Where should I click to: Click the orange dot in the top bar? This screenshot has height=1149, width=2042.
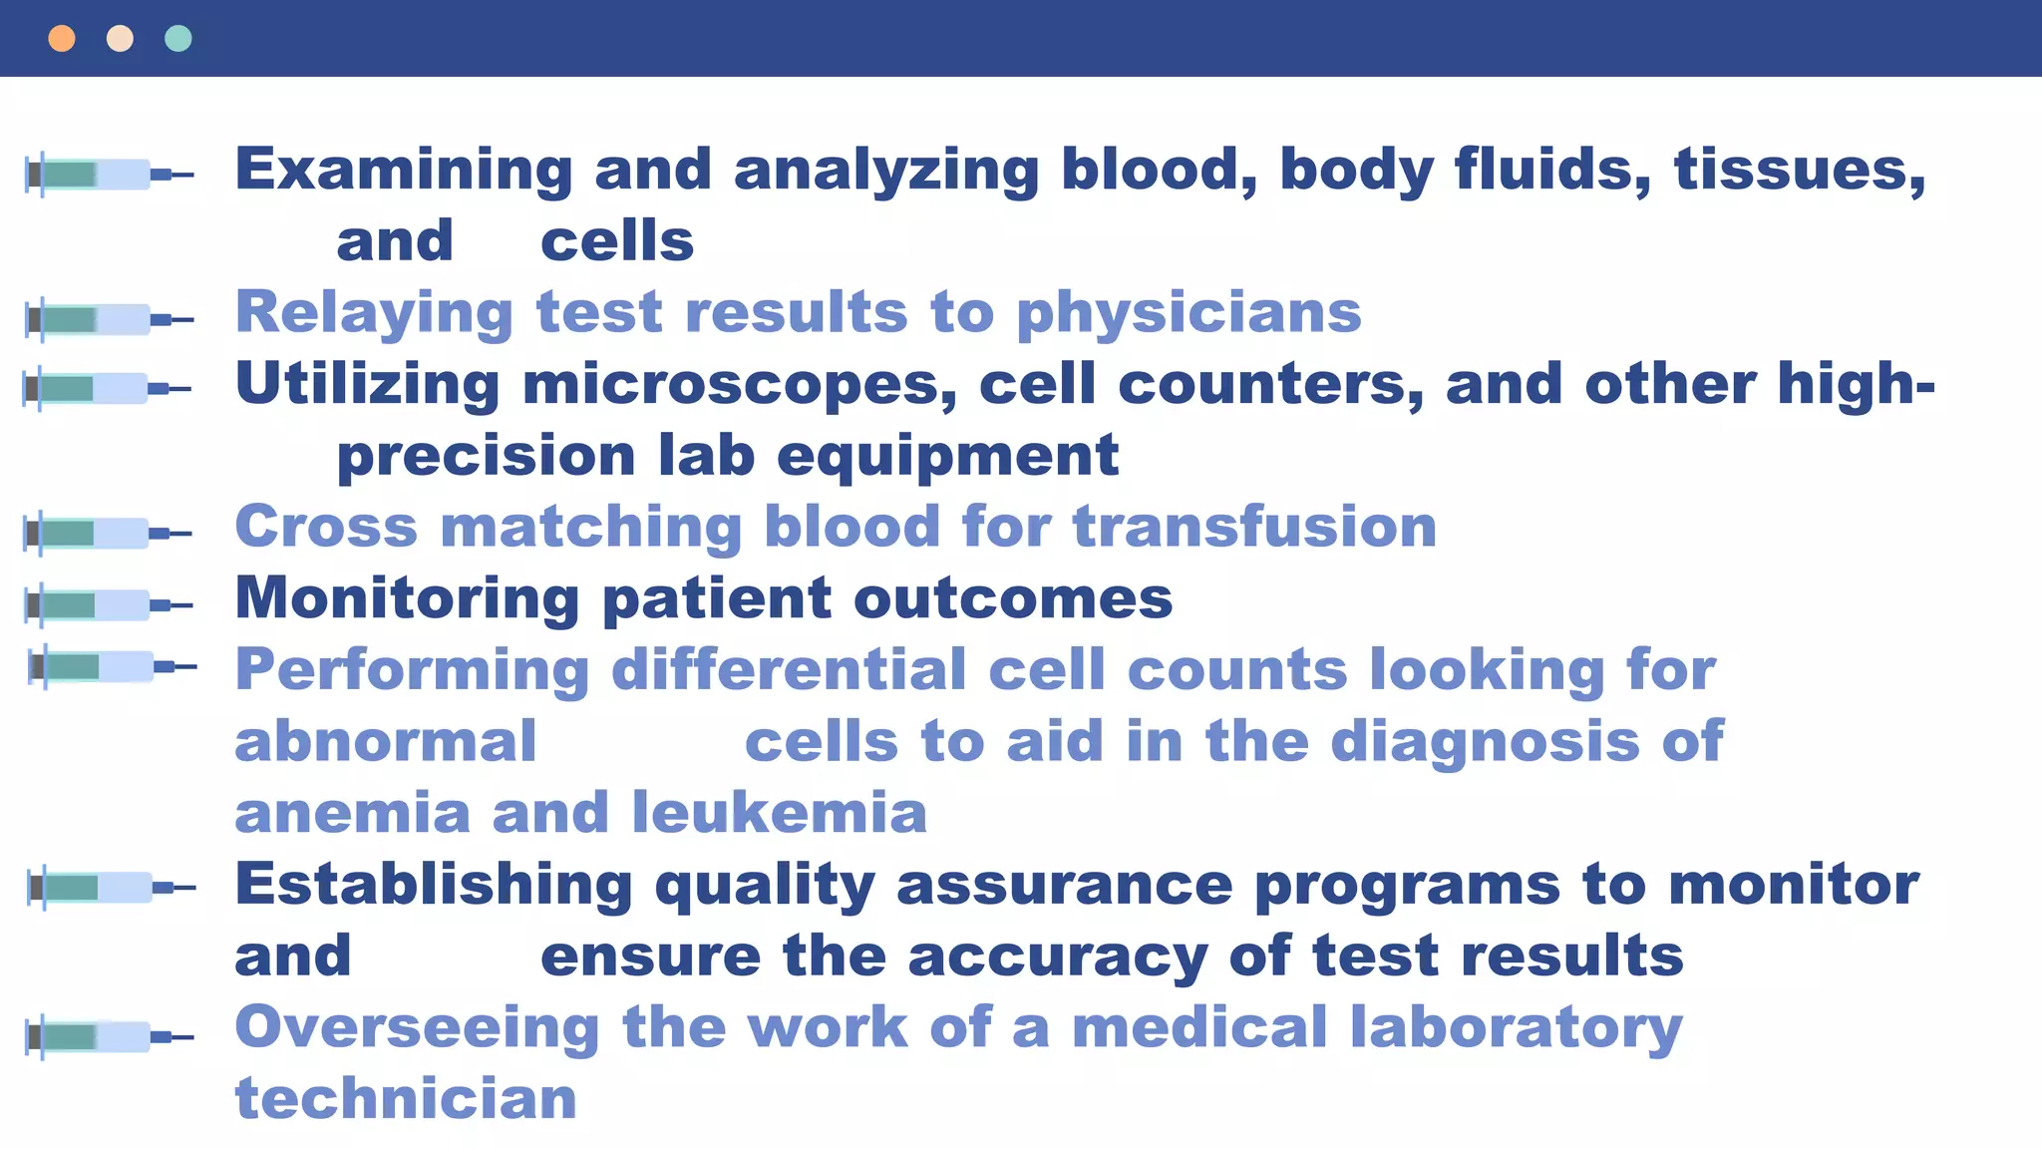62,39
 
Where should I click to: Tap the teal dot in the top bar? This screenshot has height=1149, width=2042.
178,39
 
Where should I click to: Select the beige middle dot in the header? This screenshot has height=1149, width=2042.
120,39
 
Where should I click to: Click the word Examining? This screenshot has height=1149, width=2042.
404,170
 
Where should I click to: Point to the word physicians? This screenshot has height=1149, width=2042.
1189,313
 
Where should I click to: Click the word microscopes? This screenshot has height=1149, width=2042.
739,385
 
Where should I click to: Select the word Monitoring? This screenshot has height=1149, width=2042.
407,598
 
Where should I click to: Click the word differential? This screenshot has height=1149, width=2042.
789,669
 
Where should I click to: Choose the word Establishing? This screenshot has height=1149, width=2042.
434,885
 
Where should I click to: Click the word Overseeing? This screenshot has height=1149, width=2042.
417,1027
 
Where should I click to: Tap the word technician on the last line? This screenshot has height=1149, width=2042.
406,1099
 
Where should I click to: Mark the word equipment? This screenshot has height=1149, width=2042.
947,457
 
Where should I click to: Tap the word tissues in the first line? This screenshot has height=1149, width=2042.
1799,170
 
